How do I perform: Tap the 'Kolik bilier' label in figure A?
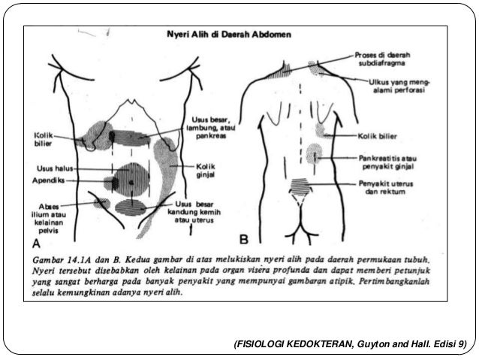43,140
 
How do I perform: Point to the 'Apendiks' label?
49,181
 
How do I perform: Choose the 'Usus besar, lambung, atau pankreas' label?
209,128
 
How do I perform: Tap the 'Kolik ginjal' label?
206,169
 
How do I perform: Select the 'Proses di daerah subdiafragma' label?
387,59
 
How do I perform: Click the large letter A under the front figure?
35,244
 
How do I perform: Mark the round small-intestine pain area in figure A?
131,178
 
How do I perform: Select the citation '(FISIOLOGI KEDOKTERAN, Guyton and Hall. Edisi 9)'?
350,344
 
